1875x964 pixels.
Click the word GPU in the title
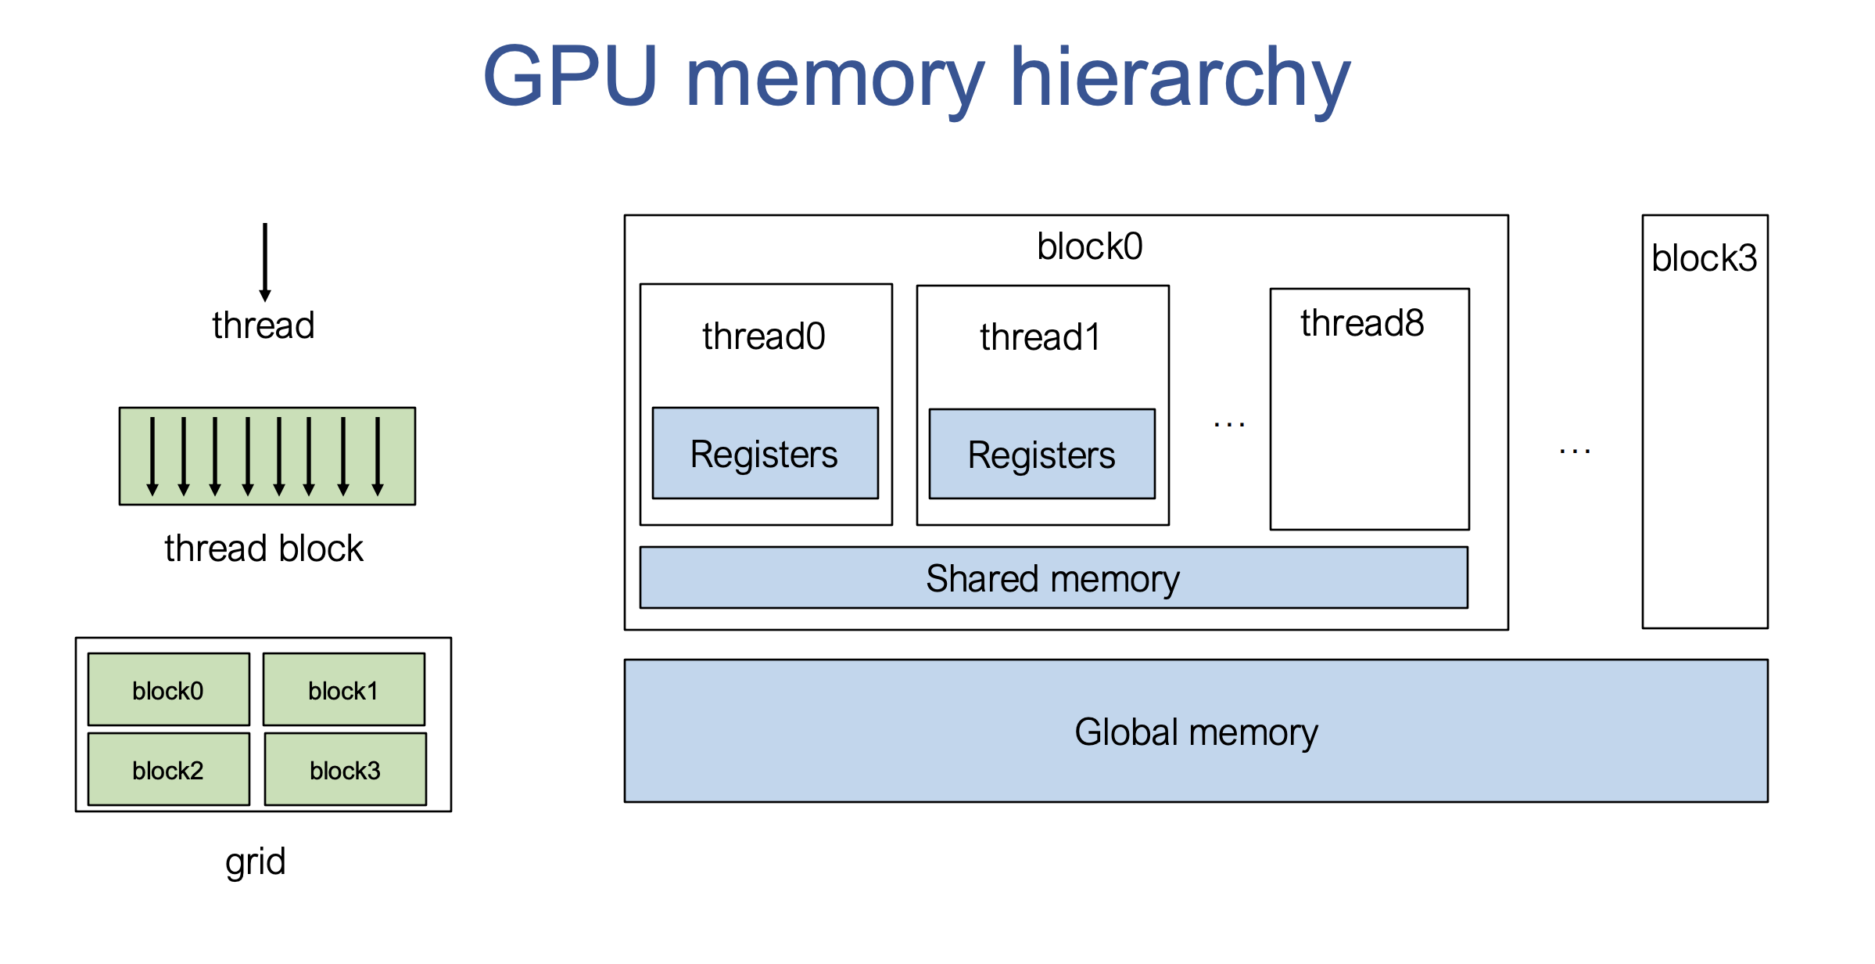(x=570, y=76)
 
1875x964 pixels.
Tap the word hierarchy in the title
(x=1180, y=78)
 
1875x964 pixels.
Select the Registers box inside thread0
(x=765, y=453)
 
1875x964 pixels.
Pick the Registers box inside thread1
(x=1041, y=454)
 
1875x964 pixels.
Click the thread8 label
(x=1362, y=323)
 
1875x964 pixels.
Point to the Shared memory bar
(x=1053, y=578)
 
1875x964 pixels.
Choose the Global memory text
(x=1196, y=732)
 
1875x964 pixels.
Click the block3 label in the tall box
(x=1704, y=258)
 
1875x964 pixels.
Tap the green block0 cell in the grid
(x=168, y=690)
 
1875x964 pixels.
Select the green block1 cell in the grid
(x=343, y=690)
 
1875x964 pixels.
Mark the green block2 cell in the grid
(x=168, y=770)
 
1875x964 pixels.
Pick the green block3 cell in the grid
(x=345, y=770)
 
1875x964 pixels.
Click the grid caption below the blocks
(x=256, y=861)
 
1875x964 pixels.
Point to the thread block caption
(x=264, y=548)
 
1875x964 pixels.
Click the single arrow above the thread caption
(x=265, y=262)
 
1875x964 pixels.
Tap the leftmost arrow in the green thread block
(x=152, y=456)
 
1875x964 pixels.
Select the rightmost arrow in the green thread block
(x=378, y=456)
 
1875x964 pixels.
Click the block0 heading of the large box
(x=1089, y=246)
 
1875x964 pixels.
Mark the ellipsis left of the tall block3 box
(x=1575, y=451)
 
